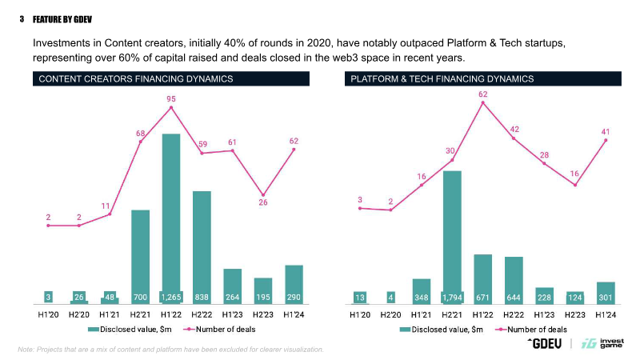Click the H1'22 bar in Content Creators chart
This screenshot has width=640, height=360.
171,216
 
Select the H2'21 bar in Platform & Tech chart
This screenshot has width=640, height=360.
452,236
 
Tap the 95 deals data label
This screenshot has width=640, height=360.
171,99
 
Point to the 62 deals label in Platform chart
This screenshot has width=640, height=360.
483,94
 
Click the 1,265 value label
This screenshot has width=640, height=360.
171,298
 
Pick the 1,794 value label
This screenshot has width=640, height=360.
452,298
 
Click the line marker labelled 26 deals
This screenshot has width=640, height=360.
263,195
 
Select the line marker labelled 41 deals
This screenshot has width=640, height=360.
606,140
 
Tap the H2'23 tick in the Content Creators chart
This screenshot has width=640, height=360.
263,315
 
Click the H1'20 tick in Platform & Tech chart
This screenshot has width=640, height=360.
360,315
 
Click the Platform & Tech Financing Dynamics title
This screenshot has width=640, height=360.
442,78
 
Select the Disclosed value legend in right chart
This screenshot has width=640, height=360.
435,329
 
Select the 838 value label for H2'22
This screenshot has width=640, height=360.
202,298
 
